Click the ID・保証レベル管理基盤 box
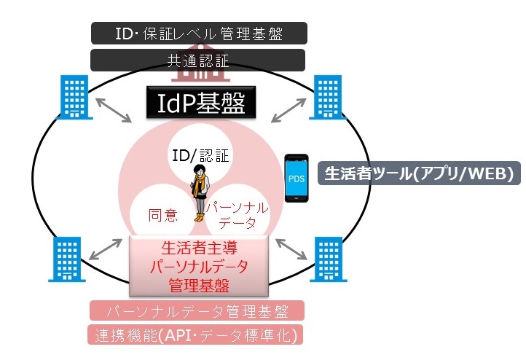point(199,33)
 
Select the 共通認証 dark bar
point(199,60)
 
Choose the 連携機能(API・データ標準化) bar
point(199,336)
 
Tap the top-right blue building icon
point(326,98)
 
